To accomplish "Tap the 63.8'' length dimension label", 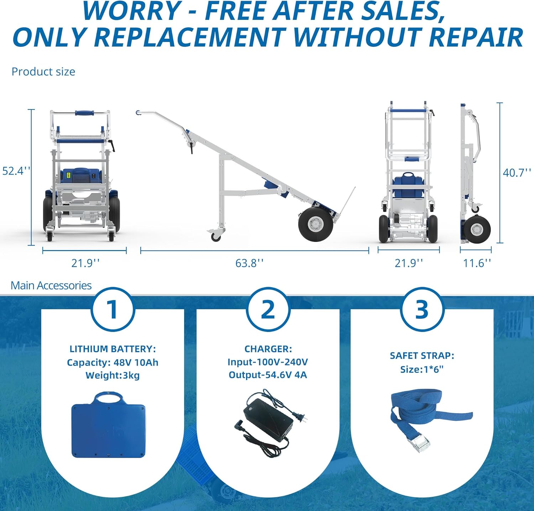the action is [x=250, y=263].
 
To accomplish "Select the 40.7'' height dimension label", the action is [x=517, y=173].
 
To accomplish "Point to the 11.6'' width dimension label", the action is [x=477, y=263].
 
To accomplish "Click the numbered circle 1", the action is [x=112, y=309].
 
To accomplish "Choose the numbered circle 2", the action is [x=268, y=309].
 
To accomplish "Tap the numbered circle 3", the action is [x=422, y=309].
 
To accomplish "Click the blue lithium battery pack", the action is [x=108, y=425].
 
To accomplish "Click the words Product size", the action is [x=43, y=72].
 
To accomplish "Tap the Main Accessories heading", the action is [x=51, y=285].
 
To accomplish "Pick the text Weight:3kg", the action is [x=112, y=375].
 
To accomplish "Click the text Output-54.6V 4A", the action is [x=268, y=375].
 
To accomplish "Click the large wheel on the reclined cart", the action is [x=316, y=225].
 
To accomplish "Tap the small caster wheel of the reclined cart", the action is [x=215, y=236].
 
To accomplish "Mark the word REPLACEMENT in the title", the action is [x=190, y=37].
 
